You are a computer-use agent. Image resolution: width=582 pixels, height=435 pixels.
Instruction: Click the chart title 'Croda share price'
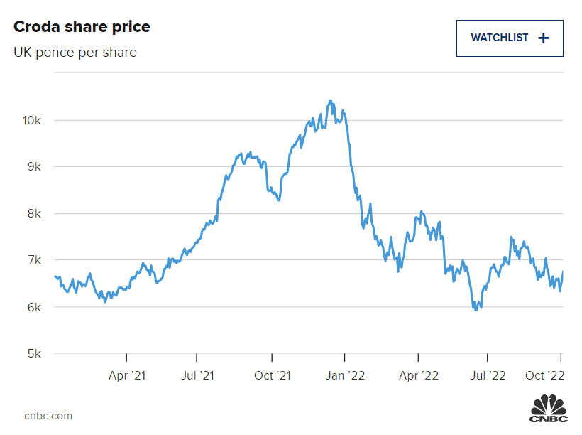pos(82,27)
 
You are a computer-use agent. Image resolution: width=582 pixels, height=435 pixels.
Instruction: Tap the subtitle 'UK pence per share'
pos(75,53)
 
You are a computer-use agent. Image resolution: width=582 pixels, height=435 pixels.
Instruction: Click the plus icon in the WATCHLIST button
pos(544,38)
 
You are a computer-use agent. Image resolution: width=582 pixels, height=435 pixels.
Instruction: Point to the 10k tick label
pos(32,120)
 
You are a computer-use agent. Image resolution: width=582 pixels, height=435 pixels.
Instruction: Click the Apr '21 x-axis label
pos(128,375)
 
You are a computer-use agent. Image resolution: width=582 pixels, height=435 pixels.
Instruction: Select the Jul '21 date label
pos(197,375)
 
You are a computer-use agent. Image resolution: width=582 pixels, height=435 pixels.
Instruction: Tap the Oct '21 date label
pos(273,375)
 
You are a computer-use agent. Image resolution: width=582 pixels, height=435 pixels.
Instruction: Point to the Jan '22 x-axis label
pos(345,375)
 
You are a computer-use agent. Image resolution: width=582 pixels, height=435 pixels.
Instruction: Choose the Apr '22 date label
pos(419,375)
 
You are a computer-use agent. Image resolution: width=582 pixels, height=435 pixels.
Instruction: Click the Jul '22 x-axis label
pos(488,375)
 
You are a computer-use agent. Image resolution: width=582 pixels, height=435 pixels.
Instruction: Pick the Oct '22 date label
pos(544,375)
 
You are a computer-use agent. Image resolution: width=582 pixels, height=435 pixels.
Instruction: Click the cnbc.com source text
pos(48,416)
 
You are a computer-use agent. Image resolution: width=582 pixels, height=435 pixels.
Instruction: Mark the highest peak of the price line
pos(329,100)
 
